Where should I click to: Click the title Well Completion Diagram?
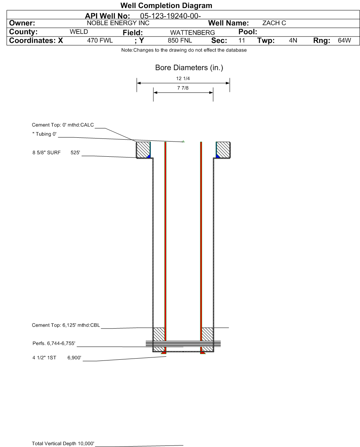click(166, 5)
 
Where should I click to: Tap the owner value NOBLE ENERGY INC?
click(118, 23)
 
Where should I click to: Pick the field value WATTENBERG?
click(193, 33)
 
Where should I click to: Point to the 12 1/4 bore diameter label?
click(183, 79)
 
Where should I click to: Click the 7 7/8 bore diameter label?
click(183, 88)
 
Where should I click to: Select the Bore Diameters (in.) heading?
click(189, 68)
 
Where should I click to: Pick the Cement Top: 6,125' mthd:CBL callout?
click(66, 325)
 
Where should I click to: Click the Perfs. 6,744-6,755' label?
click(54, 344)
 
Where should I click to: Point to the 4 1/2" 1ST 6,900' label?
click(57, 357)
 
